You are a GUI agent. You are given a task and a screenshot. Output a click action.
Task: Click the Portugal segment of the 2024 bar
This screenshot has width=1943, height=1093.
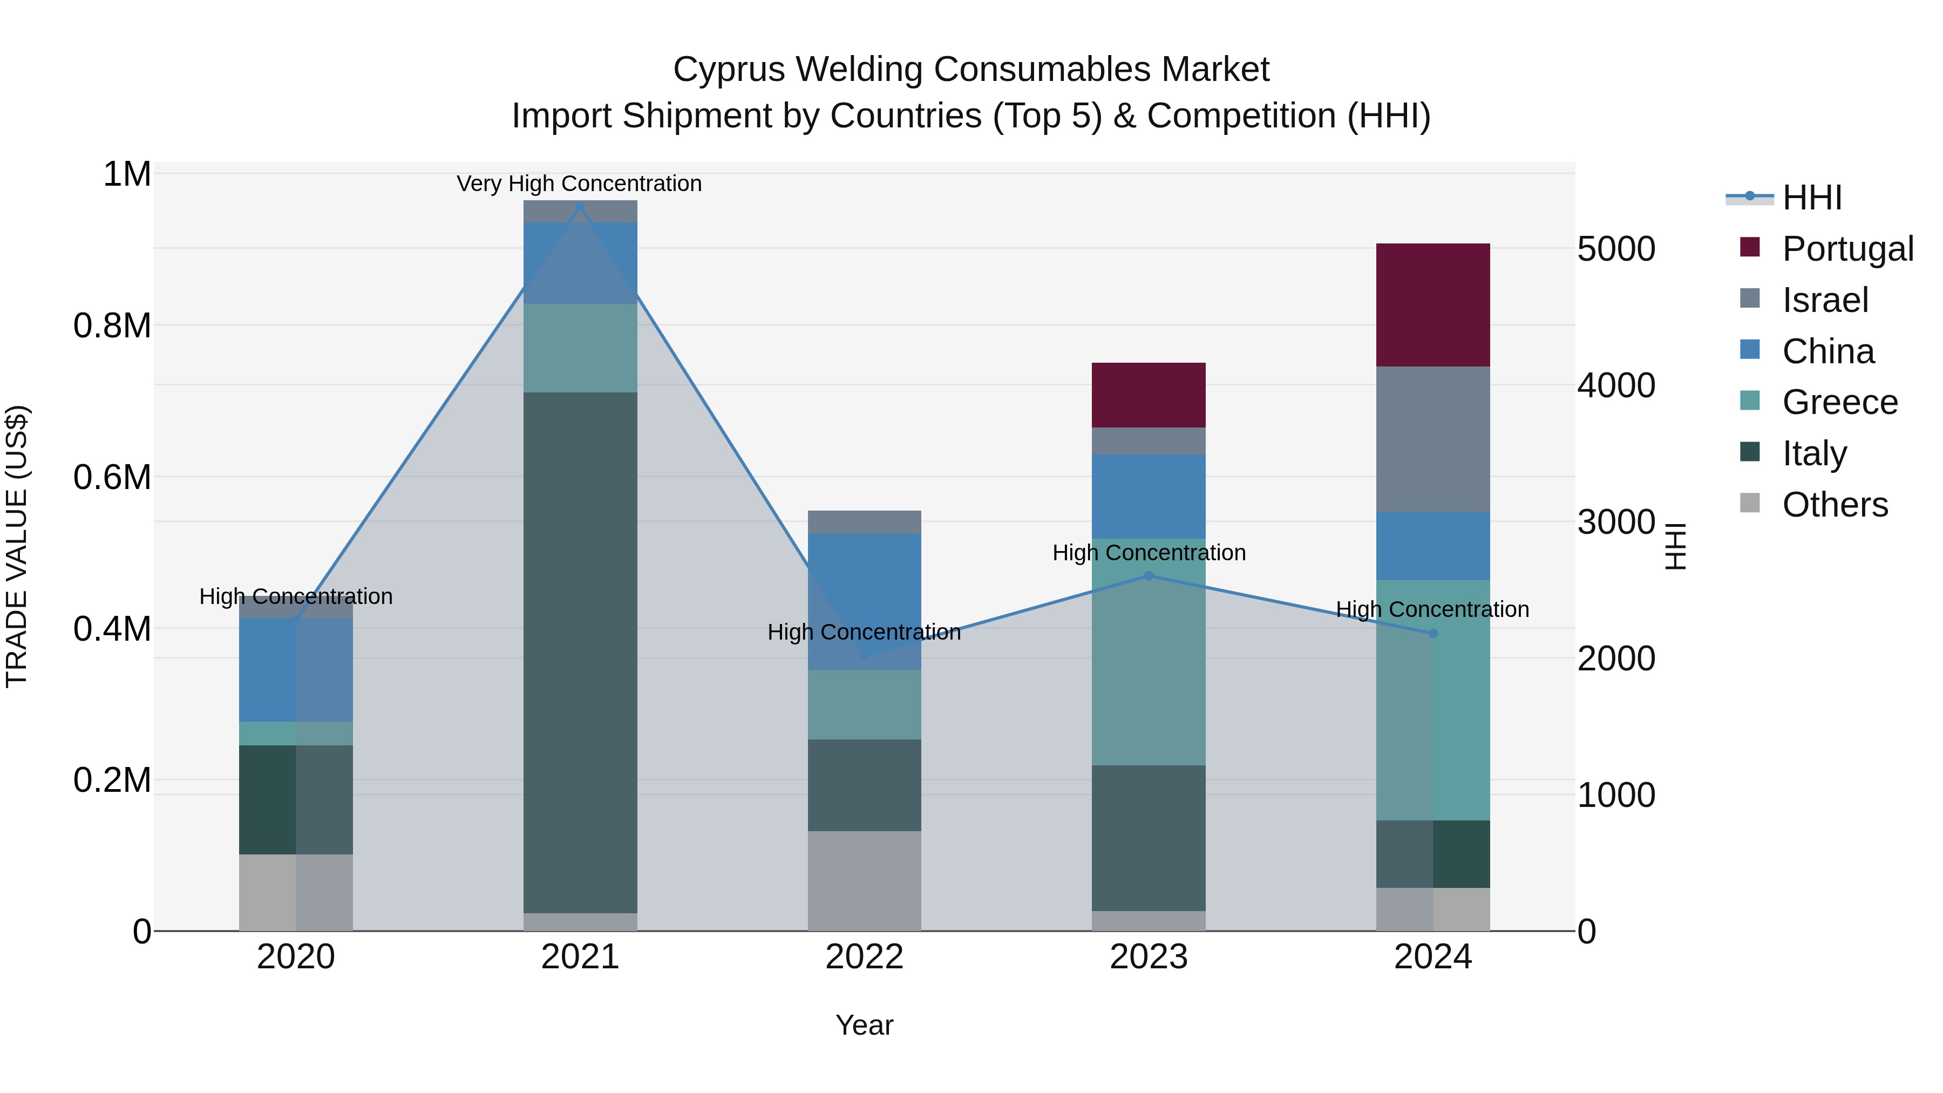click(1432, 305)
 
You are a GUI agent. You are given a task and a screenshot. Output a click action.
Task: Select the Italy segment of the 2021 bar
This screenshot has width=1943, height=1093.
click(580, 653)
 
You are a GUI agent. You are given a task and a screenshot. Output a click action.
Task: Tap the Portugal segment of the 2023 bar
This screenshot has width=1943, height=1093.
click(1148, 395)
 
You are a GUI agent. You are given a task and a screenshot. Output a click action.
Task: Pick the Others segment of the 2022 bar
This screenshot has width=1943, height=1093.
click(865, 880)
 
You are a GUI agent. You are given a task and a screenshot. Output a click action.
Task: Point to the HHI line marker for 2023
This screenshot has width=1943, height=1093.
click(1149, 575)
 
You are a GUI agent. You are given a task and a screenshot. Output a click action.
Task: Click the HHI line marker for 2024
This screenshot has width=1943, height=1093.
click(1433, 634)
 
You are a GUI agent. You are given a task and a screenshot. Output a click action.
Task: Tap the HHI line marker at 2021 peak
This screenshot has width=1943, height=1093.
click(580, 207)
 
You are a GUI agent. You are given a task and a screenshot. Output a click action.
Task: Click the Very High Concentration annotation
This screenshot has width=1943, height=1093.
click(579, 184)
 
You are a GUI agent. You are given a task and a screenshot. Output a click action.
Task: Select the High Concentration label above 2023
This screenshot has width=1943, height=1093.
click(1149, 553)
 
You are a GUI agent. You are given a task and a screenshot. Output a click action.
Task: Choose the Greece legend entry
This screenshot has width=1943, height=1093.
click(1839, 402)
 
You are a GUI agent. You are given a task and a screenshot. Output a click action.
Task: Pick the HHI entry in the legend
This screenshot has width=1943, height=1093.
click(1812, 198)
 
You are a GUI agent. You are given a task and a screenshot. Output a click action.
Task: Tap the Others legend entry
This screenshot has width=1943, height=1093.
click(1835, 505)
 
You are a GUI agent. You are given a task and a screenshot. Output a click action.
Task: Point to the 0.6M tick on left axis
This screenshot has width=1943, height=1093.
click(112, 478)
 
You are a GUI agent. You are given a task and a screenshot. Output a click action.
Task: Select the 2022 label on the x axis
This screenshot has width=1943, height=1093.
click(865, 957)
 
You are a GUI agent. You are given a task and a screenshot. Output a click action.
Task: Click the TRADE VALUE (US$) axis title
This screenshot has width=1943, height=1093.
click(17, 546)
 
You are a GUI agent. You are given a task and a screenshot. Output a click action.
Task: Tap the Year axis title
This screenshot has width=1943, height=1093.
click(865, 1025)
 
